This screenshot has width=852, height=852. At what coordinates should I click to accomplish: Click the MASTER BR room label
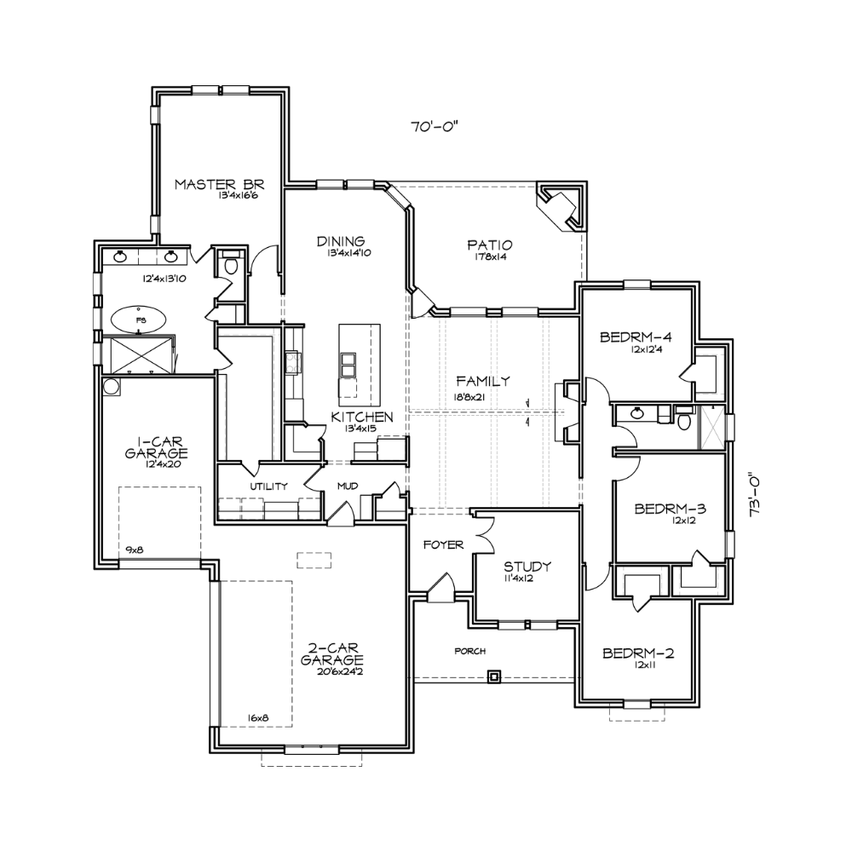pos(219,184)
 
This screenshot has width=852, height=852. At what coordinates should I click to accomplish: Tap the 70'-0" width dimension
pos(435,127)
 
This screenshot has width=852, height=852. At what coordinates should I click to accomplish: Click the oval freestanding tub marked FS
pos(140,320)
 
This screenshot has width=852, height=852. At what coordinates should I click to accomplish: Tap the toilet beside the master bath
pos(231,265)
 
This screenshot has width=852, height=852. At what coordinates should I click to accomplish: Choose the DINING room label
pos(341,241)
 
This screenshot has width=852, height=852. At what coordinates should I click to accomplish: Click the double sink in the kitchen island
pos(348,364)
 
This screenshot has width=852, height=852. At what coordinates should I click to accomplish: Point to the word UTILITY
pos(268,486)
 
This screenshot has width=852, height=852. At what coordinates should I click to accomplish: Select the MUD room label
pos(348,486)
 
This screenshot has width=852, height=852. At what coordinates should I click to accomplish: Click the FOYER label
pos(443,544)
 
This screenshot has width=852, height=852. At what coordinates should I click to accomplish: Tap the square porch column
pos(493,677)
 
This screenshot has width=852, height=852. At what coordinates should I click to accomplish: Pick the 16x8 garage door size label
pos(258,717)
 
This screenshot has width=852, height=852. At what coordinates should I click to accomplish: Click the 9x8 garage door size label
pos(135,550)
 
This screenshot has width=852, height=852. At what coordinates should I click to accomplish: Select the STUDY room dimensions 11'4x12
pos(517,579)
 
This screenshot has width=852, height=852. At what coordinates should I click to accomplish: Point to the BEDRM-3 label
pos(670,509)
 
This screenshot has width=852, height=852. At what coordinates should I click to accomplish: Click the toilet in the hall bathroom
pos(684,419)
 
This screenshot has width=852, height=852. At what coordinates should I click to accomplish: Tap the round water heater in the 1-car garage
pos(112,386)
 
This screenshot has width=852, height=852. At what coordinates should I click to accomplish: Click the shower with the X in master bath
pos(141,354)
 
